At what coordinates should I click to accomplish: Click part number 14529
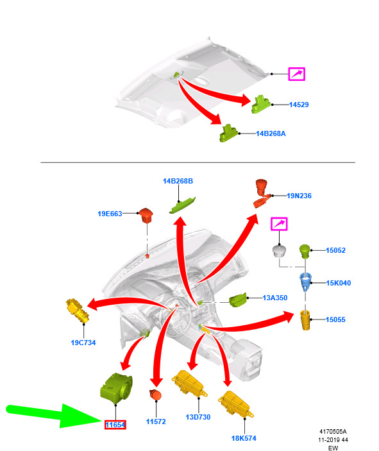(x=299, y=105)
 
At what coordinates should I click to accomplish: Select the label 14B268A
(x=271, y=133)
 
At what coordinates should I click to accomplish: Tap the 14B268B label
(x=178, y=181)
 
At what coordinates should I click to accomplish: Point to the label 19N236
(x=299, y=196)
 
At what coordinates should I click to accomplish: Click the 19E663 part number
(x=110, y=214)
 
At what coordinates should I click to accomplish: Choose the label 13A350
(x=275, y=298)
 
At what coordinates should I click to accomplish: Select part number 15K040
(x=339, y=283)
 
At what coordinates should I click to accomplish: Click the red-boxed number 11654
(x=115, y=425)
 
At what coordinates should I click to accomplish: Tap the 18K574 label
(x=244, y=438)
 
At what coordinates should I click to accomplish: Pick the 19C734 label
(x=83, y=343)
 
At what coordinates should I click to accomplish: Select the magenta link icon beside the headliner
(x=297, y=74)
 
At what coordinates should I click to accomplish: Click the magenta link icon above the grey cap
(x=279, y=224)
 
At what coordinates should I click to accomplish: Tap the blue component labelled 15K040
(x=305, y=282)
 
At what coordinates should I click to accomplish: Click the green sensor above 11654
(x=116, y=387)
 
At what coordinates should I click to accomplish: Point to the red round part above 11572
(x=156, y=395)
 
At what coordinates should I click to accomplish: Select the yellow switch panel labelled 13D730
(x=189, y=383)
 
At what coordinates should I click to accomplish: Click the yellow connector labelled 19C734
(x=78, y=311)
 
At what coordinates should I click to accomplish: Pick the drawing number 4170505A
(x=333, y=432)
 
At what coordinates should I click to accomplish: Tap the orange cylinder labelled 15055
(x=305, y=320)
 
